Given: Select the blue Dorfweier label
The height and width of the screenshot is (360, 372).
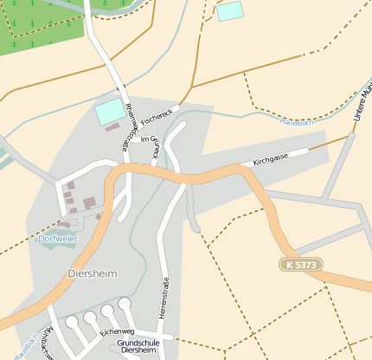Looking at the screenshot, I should tap(58, 238).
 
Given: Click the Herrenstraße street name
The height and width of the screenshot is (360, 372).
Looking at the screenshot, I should tap(164, 295).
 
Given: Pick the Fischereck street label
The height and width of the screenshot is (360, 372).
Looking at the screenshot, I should tap(162, 114).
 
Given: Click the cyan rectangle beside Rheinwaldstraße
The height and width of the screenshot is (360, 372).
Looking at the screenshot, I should tap(109, 111).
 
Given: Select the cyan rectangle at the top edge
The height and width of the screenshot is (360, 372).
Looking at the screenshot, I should tap(230, 11).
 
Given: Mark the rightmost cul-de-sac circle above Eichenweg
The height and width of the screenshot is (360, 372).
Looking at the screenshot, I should tap(125, 304).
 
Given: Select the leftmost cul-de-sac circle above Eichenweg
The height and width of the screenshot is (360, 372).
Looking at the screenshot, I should tap(72, 322).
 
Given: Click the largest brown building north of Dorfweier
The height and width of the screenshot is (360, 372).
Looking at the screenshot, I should tap(89, 203).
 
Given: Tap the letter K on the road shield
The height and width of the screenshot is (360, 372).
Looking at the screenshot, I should tap(290, 263).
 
